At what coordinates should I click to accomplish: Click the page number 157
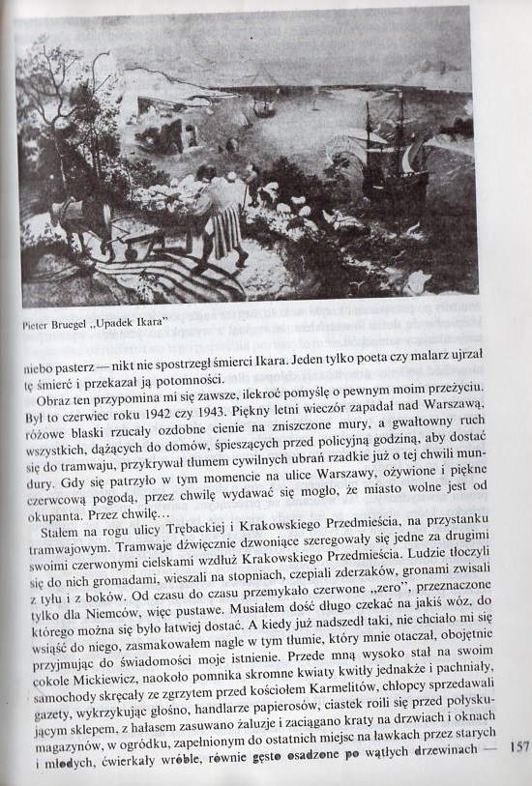[x=518, y=745]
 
